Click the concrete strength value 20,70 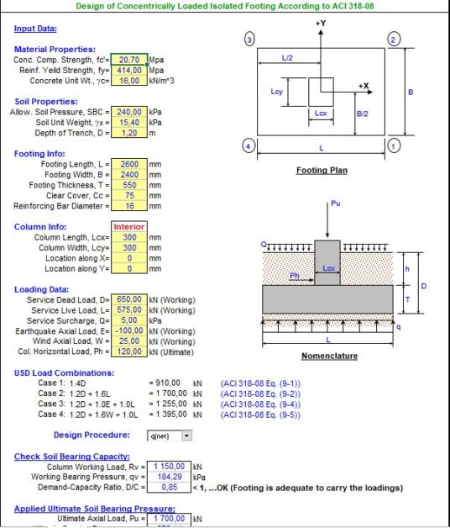(x=129, y=61)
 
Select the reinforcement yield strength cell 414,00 (x=129, y=71)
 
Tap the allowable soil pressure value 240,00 (x=129, y=112)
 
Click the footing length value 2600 (x=129, y=164)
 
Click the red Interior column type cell (x=129, y=227)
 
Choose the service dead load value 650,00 (x=129, y=299)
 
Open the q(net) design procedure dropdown (x=186, y=436)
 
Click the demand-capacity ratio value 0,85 (x=168, y=486)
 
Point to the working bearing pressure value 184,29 (x=168, y=476)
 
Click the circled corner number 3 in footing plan (x=249, y=40)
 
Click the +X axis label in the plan (x=364, y=87)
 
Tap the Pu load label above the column (x=336, y=204)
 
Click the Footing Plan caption (x=322, y=171)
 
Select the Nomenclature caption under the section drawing (x=329, y=356)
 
